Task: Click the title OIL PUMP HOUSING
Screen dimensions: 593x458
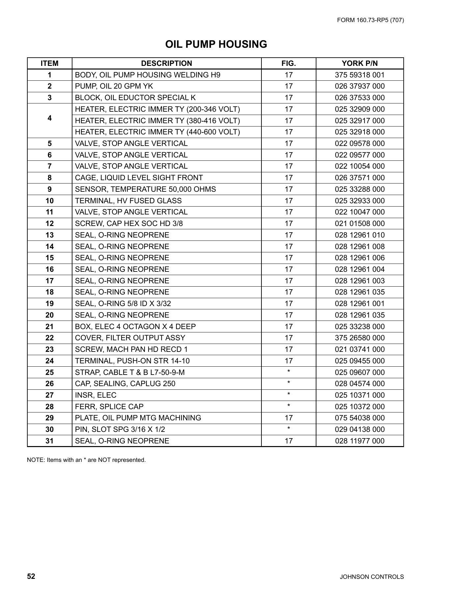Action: tap(216, 44)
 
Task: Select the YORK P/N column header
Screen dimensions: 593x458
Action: tap(360, 63)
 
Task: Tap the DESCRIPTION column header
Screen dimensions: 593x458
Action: tap(166, 63)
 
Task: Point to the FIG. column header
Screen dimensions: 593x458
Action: tap(288, 63)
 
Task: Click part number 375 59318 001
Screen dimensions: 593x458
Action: tap(360, 75)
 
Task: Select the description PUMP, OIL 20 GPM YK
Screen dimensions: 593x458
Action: tap(114, 86)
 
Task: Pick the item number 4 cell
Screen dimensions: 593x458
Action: tap(49, 118)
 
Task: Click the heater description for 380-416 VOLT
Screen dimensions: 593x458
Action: tap(157, 121)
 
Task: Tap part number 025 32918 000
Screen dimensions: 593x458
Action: tap(360, 132)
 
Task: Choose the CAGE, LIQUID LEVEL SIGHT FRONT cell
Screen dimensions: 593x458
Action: tap(139, 178)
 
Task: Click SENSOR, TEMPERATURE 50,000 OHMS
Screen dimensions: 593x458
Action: tap(146, 189)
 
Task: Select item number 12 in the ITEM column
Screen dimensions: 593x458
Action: tap(49, 224)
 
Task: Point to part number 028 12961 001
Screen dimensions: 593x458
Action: tap(360, 304)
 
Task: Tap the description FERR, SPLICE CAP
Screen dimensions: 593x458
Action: tap(109, 407)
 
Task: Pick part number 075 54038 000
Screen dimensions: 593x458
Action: tap(360, 418)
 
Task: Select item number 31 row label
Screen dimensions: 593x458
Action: tap(49, 441)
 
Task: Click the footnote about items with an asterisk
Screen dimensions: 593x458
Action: tap(86, 460)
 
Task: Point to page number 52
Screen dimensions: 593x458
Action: tap(31, 577)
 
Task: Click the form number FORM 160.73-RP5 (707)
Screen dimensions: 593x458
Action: tap(370, 20)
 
